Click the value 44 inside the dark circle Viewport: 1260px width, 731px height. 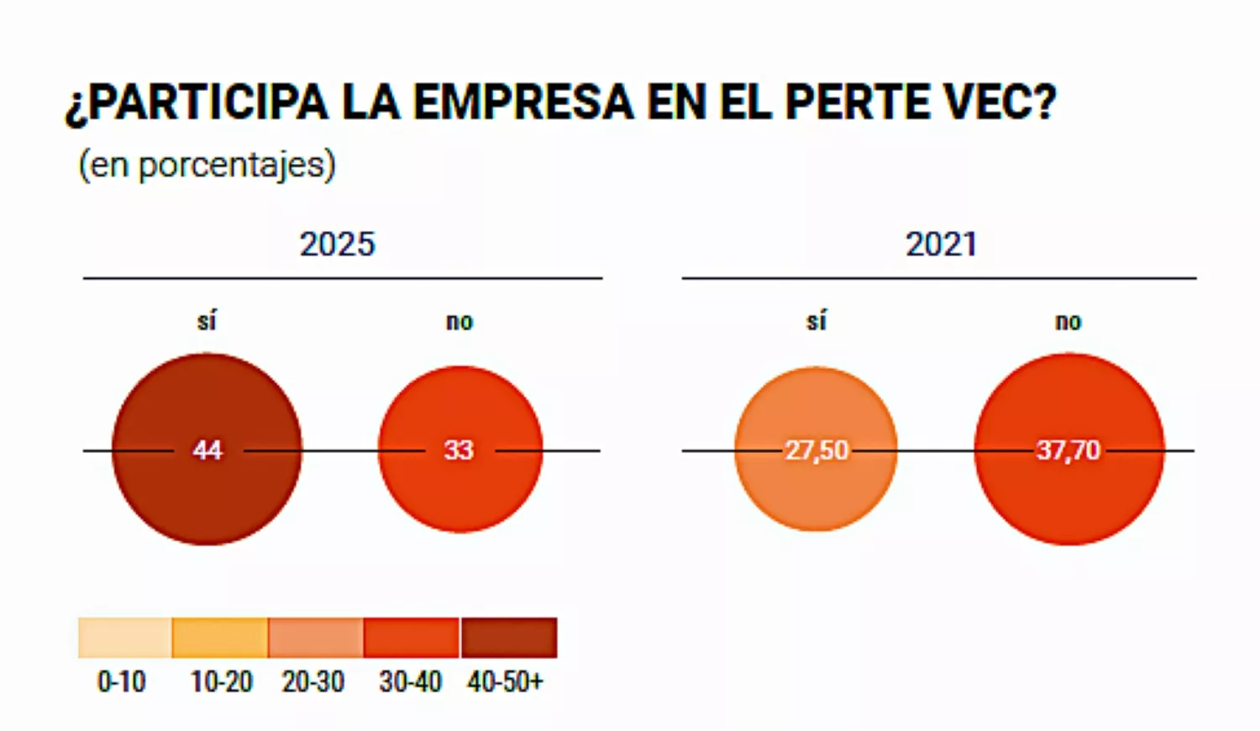[207, 450]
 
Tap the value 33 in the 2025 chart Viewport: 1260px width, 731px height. [459, 450]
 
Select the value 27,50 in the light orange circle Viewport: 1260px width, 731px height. [816, 450]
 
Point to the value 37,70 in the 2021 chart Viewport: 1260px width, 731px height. [1068, 450]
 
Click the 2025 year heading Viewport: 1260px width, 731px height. [337, 245]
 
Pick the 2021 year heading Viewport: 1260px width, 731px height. [941, 245]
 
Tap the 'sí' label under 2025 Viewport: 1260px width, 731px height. [207, 321]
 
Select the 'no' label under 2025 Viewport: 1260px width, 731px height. [459, 322]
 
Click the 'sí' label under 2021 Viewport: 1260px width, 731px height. [816, 321]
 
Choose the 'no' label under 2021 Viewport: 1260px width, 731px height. [1068, 322]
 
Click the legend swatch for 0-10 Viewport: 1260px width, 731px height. [124, 638]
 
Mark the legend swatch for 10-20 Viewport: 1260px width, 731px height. [220, 638]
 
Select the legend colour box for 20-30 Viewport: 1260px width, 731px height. [316, 638]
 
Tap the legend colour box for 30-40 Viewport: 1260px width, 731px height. [412, 638]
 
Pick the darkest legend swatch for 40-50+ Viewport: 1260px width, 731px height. [509, 638]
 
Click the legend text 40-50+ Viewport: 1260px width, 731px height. [506, 681]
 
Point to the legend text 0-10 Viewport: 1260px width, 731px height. [122, 681]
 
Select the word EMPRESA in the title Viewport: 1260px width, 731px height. [523, 103]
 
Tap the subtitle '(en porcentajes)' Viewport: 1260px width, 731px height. [207, 165]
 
